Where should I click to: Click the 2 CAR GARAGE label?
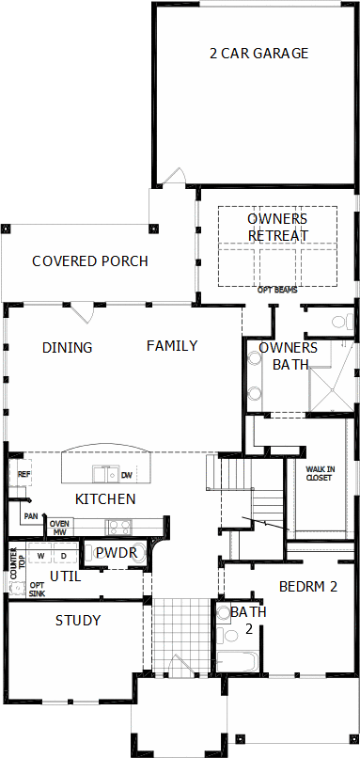[x=259, y=54]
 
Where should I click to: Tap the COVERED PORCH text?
[x=90, y=261]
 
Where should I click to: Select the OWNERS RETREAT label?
[x=277, y=228]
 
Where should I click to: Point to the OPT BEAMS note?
[x=276, y=291]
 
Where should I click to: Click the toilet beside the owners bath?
[x=341, y=322]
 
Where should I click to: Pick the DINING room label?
[x=67, y=348]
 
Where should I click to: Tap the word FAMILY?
[x=172, y=346]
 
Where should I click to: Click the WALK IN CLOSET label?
[x=319, y=473]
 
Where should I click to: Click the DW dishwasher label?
[x=127, y=475]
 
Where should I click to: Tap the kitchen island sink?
[x=106, y=474]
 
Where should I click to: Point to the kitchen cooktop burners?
[x=117, y=527]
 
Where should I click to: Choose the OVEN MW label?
[x=61, y=528]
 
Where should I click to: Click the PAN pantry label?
[x=31, y=516]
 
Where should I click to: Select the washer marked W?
[x=40, y=555]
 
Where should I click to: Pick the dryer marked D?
[x=65, y=555]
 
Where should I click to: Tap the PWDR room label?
[x=114, y=552]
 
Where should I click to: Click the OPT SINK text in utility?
[x=38, y=590]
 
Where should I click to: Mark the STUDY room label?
[x=78, y=621]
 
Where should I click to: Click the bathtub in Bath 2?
[x=238, y=662]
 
